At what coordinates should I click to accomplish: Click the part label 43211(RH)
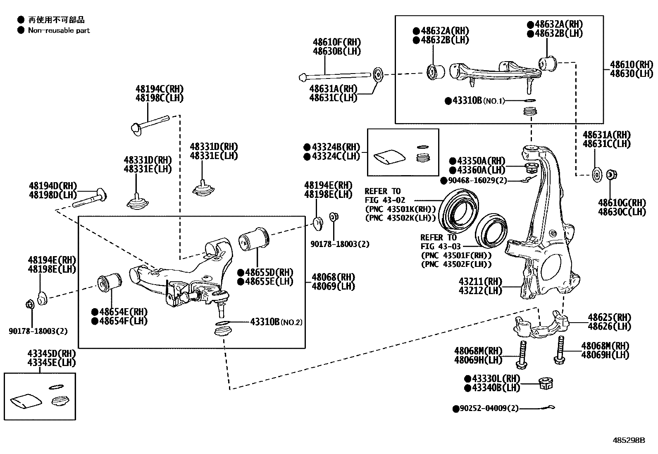(x=480, y=282)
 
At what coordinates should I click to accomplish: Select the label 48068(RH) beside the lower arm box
(x=333, y=277)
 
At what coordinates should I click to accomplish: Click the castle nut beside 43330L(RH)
(x=546, y=383)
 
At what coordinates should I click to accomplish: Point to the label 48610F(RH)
(x=336, y=42)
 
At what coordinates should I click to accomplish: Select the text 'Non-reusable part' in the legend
(x=59, y=30)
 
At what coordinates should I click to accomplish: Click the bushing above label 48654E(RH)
(x=109, y=283)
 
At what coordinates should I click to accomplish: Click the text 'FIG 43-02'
(x=385, y=200)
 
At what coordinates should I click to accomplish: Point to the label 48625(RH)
(x=609, y=317)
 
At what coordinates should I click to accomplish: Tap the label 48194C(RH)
(x=160, y=89)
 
